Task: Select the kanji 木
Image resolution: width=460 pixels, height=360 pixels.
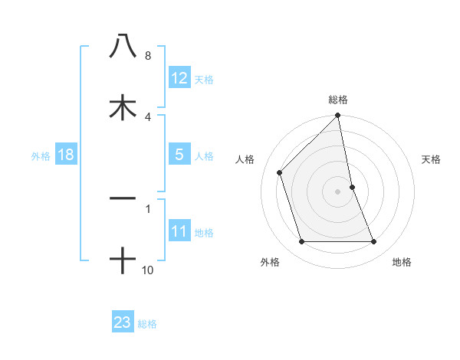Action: (x=123, y=106)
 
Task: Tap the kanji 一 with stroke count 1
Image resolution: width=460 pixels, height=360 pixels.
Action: (x=123, y=198)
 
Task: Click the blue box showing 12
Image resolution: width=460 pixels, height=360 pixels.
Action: (x=179, y=78)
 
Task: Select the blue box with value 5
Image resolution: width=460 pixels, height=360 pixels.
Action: (x=179, y=155)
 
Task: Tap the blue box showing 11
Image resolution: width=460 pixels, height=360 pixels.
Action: (x=179, y=231)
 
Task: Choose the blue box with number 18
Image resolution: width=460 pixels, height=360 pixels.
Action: (x=65, y=155)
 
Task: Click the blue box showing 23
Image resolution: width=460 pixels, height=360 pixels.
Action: (x=123, y=322)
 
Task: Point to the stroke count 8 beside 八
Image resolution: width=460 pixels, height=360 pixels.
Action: (x=148, y=56)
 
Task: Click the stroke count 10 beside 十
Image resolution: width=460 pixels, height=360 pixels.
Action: (x=148, y=270)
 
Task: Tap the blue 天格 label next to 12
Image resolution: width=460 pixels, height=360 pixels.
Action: (x=204, y=79)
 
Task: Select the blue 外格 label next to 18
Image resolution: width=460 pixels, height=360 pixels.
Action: (x=41, y=155)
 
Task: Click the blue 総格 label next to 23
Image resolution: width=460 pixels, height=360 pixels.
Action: (x=147, y=323)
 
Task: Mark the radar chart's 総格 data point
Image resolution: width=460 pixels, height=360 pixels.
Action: (x=338, y=116)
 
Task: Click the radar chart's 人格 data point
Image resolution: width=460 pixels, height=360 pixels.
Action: (x=280, y=172)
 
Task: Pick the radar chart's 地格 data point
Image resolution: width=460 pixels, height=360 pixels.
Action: (x=374, y=242)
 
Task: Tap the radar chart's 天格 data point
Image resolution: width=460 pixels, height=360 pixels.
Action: (x=353, y=186)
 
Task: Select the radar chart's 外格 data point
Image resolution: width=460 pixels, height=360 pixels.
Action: (x=301, y=242)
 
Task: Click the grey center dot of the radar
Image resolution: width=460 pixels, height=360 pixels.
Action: (x=338, y=191)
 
